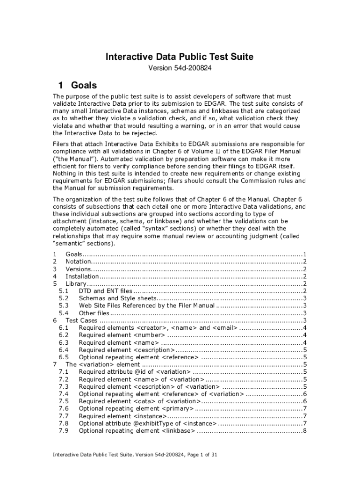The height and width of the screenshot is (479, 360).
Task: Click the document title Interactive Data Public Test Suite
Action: pos(180,57)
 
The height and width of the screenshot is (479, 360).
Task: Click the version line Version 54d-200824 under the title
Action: pos(180,69)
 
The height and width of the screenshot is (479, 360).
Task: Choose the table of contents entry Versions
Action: pos(78,269)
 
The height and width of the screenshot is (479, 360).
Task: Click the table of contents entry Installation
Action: pos(82,276)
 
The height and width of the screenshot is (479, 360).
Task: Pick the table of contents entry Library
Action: pos(76,283)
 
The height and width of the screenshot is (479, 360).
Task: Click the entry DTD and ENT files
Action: pos(106,291)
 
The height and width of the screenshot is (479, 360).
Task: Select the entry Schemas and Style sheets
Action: pos(117,298)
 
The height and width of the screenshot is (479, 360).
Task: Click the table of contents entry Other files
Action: pos(94,313)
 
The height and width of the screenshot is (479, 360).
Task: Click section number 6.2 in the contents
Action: pos(64,335)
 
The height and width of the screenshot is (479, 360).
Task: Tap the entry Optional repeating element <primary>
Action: pos(136,408)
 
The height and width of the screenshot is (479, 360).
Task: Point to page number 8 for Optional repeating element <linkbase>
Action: pos(304,431)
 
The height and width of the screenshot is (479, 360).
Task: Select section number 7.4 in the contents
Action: pos(64,394)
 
